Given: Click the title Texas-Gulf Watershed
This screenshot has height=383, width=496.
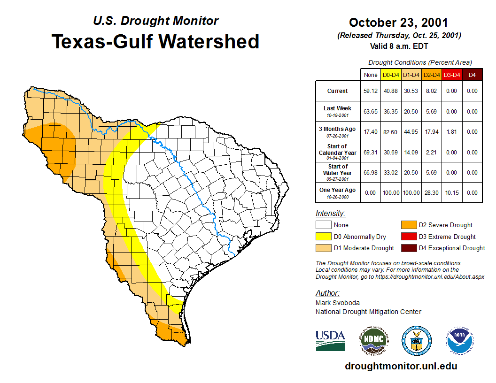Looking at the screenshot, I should click(155, 41).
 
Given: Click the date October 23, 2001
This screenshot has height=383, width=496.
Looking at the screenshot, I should click(398, 23).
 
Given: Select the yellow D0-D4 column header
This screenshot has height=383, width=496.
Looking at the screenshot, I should click(391, 75).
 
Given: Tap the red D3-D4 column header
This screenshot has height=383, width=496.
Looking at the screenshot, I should click(451, 75).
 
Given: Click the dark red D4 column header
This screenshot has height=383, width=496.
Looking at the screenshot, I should click(472, 75).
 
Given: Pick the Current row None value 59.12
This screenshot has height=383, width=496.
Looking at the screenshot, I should click(371, 91).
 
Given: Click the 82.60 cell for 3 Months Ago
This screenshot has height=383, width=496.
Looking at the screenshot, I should click(391, 132).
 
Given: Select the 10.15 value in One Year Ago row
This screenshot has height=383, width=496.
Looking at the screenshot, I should click(451, 193).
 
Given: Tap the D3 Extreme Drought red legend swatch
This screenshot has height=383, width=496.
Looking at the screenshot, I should click(408, 237).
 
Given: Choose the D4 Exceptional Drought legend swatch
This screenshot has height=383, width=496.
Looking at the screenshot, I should click(408, 248).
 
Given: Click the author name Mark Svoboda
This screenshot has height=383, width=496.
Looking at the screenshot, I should click(337, 303).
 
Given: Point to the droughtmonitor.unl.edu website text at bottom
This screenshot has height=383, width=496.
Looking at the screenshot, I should click(401, 366).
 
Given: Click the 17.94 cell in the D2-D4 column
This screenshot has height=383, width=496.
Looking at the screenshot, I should click(431, 132).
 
